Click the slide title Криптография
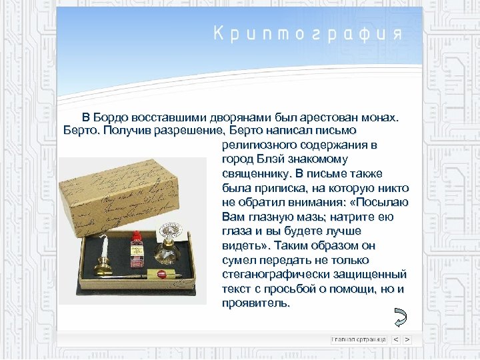click(x=307, y=35)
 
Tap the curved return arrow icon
click(x=401, y=317)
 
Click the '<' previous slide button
click(x=395, y=339)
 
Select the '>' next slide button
click(x=407, y=339)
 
